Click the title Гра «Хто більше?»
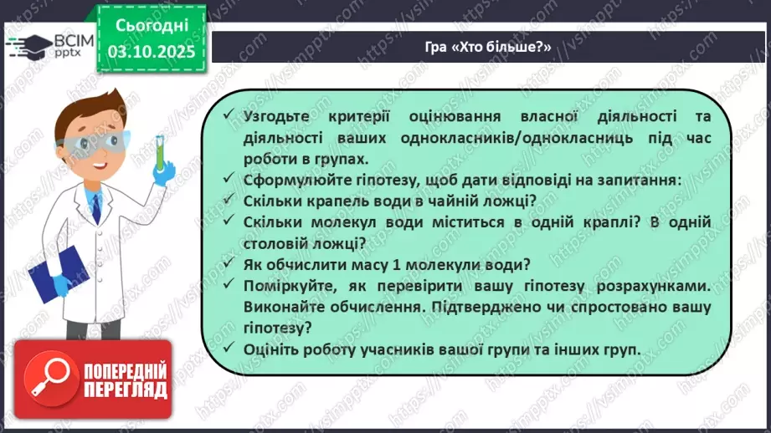click(x=487, y=45)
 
